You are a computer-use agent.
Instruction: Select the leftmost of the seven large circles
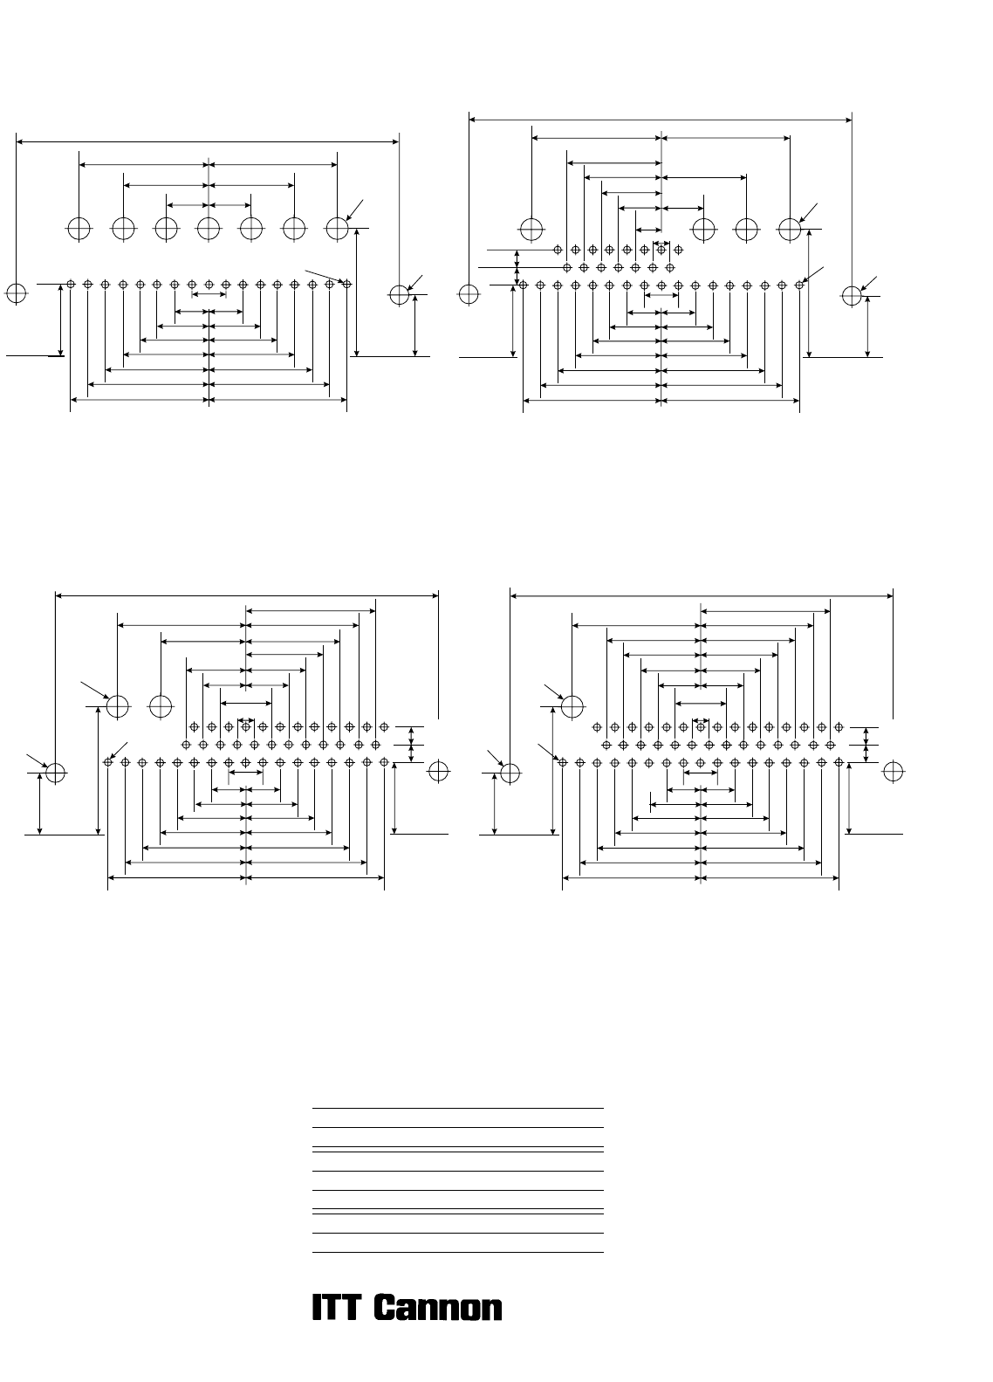79,229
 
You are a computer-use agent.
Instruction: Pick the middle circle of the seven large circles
209,229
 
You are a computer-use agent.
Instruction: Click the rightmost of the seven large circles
338,229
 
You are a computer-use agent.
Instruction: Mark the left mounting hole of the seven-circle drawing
16,293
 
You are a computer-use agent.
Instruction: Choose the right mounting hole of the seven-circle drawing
400,294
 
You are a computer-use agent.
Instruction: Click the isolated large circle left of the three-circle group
531,230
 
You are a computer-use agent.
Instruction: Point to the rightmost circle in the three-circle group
790,230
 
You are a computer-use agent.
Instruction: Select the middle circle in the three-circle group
746,230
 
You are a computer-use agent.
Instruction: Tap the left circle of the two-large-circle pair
117,706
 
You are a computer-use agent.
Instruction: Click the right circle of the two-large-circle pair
161,706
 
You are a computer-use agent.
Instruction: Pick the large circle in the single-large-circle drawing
572,706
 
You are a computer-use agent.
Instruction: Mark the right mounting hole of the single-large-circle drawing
893,771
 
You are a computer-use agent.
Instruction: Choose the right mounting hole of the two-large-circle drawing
439,771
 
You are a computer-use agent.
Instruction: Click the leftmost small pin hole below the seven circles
71,284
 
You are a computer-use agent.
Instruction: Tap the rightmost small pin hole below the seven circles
346,284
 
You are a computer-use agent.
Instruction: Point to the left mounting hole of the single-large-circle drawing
510,773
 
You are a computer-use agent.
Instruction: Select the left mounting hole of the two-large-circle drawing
56,773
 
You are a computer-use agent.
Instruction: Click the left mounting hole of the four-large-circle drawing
469,294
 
